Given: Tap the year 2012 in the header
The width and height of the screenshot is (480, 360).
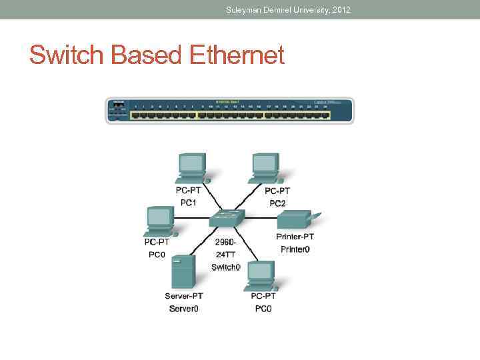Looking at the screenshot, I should pos(340,10).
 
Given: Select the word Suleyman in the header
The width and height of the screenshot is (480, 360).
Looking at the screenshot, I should pos(245,10).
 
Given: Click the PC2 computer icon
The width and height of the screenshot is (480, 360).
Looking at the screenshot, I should pos(265,167).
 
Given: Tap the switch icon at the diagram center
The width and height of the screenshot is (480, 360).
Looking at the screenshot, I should pos(226,217).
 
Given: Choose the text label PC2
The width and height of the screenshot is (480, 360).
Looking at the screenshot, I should pos(277,203).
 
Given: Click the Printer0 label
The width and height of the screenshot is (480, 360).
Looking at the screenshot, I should pos(295,249).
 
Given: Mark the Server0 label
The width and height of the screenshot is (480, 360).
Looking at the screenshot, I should pos(183,308).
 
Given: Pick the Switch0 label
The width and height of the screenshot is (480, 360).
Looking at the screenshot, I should pos(225,267).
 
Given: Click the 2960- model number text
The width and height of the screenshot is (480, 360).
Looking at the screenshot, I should pos(225,241).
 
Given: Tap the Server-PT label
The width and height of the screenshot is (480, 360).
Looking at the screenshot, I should pos(184,295).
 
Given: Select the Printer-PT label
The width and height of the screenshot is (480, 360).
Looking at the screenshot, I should pos(295,237).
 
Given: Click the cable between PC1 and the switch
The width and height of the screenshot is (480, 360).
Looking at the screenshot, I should pos(206,197).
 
